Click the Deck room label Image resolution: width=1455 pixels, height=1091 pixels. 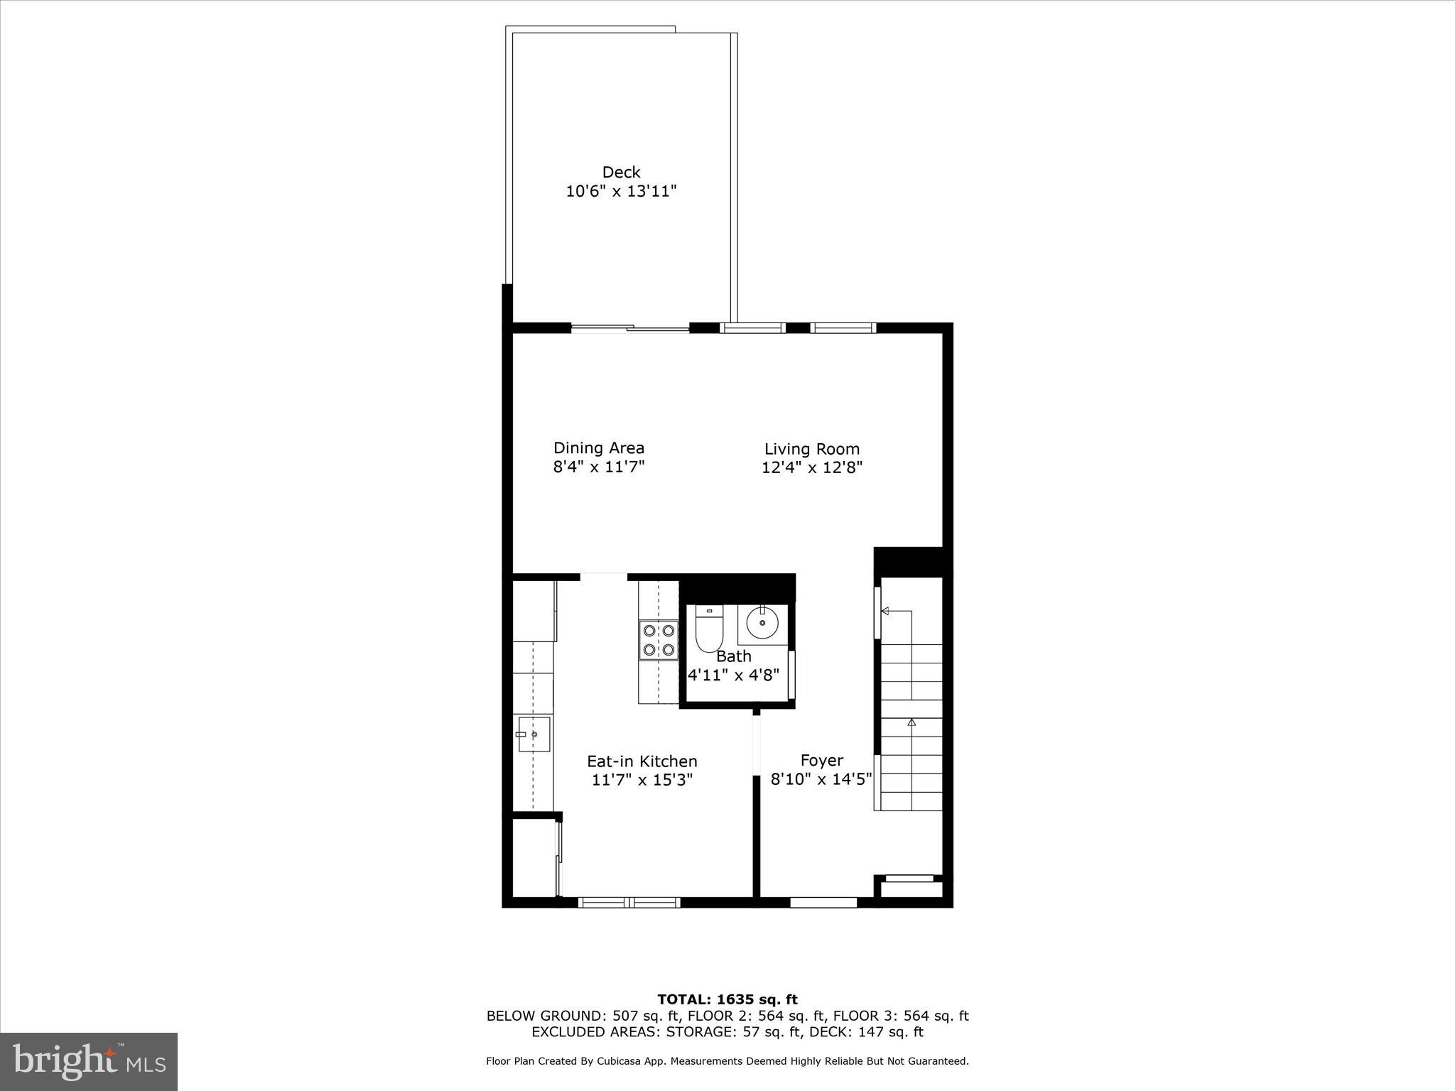click(x=621, y=172)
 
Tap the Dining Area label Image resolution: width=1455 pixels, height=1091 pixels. click(x=599, y=448)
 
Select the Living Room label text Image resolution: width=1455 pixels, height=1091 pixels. click(x=812, y=449)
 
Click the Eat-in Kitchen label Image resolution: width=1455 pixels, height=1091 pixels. click(x=642, y=761)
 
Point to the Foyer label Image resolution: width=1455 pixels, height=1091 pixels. click(x=822, y=761)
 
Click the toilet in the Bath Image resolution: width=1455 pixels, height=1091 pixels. click(x=708, y=629)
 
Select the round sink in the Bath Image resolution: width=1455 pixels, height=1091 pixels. click(x=762, y=624)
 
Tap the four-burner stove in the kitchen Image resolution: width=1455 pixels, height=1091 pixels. click(x=658, y=640)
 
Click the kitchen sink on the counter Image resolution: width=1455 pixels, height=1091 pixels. click(x=533, y=734)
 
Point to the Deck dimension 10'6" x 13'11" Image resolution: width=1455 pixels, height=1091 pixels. click(x=621, y=191)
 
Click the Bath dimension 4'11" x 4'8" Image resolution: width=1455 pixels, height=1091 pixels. click(x=734, y=675)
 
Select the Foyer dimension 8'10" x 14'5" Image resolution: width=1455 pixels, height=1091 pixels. click(x=821, y=780)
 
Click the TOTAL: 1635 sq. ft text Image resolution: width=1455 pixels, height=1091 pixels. click(x=727, y=1000)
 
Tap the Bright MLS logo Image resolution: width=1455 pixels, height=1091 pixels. click(x=89, y=1062)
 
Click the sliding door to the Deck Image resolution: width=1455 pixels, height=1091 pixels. click(x=630, y=328)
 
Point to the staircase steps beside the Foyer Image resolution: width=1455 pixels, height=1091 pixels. click(x=912, y=724)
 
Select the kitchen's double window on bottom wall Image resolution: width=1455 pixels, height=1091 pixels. click(x=629, y=903)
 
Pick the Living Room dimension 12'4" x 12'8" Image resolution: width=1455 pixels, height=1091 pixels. click(x=812, y=467)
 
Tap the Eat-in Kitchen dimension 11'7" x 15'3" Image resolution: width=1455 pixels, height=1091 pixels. click(x=642, y=780)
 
